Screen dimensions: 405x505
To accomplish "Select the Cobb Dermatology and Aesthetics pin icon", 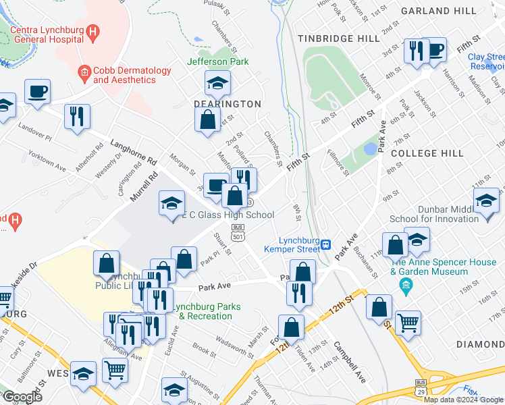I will [84, 71].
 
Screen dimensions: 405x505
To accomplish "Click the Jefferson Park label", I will [218, 62].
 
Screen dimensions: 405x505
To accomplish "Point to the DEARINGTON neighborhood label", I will [227, 104].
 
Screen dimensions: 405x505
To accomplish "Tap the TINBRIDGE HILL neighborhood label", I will [341, 38].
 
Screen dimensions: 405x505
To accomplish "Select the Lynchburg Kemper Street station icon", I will [325, 244].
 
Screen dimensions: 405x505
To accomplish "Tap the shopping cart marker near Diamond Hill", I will [408, 323].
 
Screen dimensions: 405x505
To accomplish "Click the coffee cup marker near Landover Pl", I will [37, 91].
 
